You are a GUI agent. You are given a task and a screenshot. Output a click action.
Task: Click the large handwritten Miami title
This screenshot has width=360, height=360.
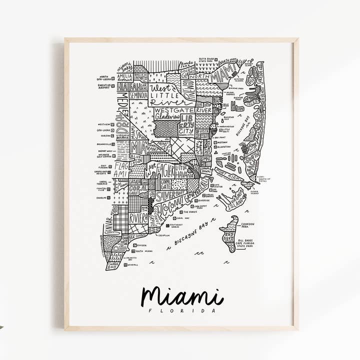pos(181,296)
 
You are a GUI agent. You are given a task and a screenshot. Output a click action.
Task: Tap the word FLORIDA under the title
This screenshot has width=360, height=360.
pos(182,310)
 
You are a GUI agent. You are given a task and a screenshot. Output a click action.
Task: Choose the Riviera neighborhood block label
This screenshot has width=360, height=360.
pos(138,218)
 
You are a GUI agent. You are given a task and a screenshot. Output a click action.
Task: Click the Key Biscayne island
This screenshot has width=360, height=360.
pos(229,234)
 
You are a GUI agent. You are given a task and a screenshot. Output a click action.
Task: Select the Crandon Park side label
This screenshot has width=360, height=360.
pos(247,225)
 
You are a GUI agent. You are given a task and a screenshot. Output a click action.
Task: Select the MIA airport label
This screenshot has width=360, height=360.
pos(138,148)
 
